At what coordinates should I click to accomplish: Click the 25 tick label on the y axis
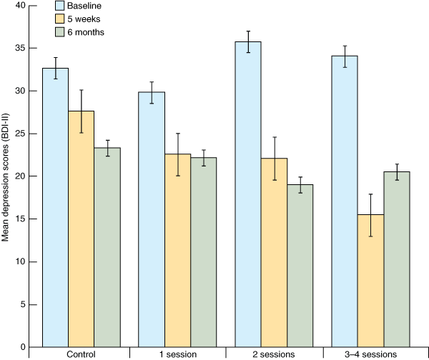[x=19, y=134]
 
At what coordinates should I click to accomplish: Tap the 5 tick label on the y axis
[x=22, y=304]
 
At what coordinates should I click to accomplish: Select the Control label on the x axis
[x=81, y=354]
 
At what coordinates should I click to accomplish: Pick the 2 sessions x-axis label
[x=274, y=354]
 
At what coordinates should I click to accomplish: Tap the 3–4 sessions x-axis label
[x=371, y=354]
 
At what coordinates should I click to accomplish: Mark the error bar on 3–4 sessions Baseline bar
[x=345, y=56]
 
